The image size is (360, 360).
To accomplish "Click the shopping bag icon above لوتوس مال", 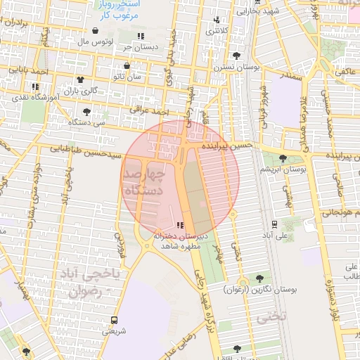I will (x=96, y=30).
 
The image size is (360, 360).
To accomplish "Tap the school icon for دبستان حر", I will (x=141, y=35).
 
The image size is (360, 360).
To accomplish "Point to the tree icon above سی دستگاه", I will (x=86, y=111).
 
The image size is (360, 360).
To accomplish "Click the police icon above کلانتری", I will (x=217, y=20).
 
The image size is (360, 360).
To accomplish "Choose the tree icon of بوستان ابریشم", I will (x=283, y=158).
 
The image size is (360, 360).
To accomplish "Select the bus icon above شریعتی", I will (x=115, y=319).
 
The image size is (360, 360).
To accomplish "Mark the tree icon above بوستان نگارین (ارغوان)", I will (x=261, y=278).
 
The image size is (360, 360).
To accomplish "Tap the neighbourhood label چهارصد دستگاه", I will (x=144, y=181).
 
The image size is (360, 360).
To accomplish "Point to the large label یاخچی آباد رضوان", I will (x=89, y=282).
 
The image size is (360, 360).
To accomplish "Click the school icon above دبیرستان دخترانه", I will (x=181, y=226).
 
